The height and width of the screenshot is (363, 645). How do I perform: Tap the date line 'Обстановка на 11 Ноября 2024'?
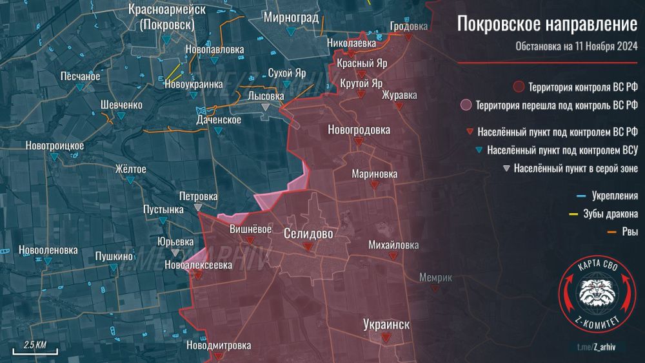tap(576, 47)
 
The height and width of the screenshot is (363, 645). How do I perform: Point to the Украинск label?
tap(386, 324)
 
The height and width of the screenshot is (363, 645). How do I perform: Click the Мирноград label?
tap(291, 17)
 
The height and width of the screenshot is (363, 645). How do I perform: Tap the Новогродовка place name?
tap(359, 130)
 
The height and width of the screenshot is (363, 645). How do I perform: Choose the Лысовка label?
tap(266, 96)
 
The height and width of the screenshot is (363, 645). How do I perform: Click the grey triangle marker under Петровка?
tap(198, 207)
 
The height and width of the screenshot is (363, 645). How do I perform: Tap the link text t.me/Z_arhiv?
tap(596, 347)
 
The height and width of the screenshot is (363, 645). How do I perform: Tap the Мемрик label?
tap(435, 278)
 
